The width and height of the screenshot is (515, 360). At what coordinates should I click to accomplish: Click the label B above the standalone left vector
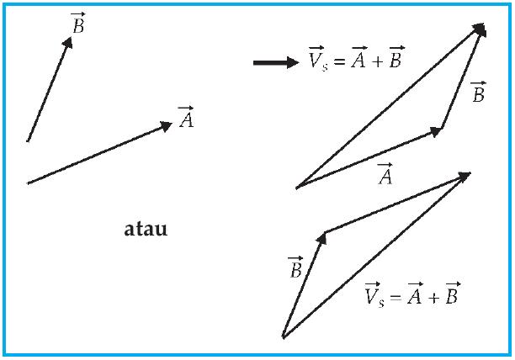pyautogui.click(x=78, y=24)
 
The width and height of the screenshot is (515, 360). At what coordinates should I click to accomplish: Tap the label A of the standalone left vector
pyautogui.click(x=186, y=119)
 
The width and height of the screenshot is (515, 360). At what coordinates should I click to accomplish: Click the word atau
pyautogui.click(x=146, y=228)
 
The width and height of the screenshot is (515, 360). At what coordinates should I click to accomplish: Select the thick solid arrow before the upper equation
pyautogui.click(x=275, y=62)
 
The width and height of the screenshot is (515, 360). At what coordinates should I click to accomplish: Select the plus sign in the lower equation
pyautogui.click(x=430, y=297)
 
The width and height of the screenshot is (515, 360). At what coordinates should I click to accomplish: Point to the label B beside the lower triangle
pyautogui.click(x=295, y=268)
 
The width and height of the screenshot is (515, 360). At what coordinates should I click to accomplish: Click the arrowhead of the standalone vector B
pyautogui.click(x=68, y=40)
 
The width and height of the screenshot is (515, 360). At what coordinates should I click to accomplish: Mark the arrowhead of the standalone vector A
pyautogui.click(x=167, y=126)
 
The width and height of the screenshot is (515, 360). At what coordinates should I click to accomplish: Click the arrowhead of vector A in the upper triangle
pyautogui.click(x=437, y=130)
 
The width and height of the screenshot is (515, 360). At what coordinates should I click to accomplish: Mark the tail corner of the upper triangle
pyautogui.click(x=297, y=188)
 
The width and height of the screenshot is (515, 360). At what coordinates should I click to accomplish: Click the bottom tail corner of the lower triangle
pyautogui.click(x=284, y=337)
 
